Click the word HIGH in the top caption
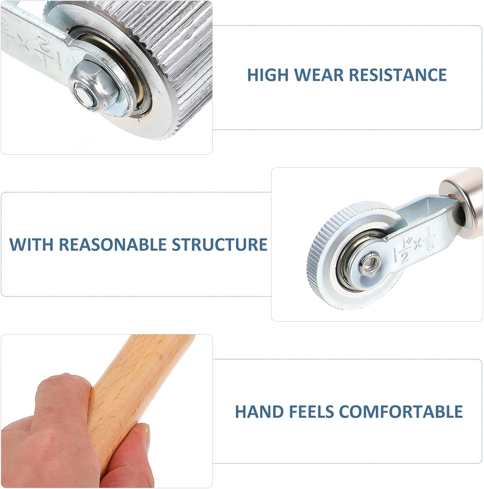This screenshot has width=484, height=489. coord(268,75)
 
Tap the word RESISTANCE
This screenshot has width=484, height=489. coord(398,75)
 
